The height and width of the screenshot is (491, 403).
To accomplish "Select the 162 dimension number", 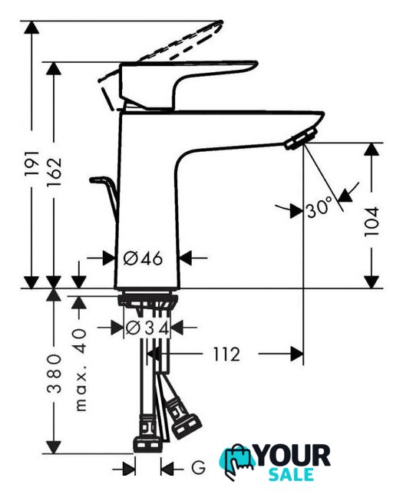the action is (x=54, y=172).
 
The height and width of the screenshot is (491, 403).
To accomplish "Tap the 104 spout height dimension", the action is (x=372, y=222).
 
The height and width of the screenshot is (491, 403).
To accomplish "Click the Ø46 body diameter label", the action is (x=144, y=259).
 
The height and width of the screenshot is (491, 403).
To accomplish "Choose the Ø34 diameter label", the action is (x=147, y=328).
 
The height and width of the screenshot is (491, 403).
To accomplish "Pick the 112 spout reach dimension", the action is (x=226, y=354).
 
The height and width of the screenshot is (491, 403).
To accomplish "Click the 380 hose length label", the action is (x=54, y=374).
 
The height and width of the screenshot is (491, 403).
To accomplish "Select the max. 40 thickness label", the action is (x=81, y=370).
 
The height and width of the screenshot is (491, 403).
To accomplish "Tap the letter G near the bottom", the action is (x=198, y=469).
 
